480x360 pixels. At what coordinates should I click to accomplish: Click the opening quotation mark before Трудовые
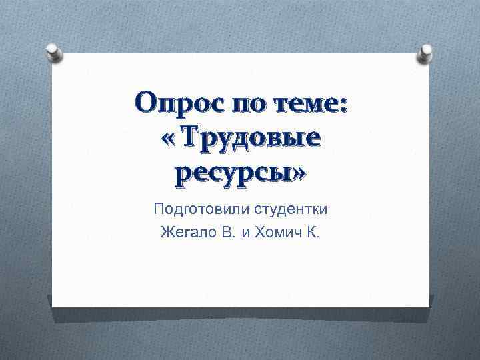169,140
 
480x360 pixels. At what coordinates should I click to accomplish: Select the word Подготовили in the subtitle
201,210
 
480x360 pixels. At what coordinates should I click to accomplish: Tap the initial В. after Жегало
220,233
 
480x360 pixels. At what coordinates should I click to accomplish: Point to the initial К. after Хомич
313,233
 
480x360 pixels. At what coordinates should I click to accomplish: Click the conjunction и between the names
238,234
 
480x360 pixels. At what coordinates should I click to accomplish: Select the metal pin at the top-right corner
425,52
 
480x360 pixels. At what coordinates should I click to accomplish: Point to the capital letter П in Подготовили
159,209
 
